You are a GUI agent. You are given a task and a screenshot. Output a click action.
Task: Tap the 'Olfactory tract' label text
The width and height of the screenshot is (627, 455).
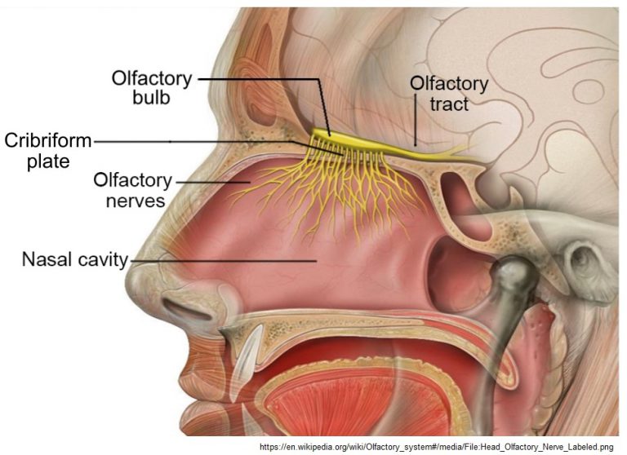click(449, 94)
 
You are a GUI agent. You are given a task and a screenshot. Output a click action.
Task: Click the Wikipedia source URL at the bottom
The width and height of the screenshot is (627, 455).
click(436, 447)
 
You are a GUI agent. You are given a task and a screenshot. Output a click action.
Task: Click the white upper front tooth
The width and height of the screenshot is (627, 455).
click(248, 351)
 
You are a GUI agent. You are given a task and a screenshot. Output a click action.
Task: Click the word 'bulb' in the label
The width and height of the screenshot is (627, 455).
click(153, 99)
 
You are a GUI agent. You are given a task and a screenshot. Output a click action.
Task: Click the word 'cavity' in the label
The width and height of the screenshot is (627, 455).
click(102, 262)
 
